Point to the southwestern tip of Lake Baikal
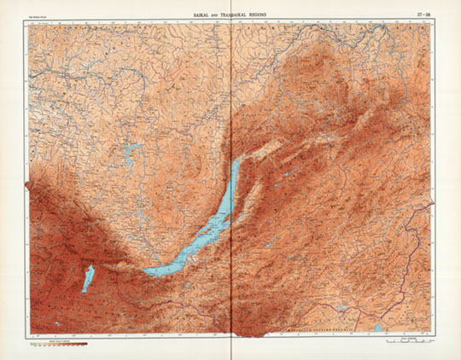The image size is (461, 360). (x=147, y=272)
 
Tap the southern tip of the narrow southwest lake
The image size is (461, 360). (x=85, y=292)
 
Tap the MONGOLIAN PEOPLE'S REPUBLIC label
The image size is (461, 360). (x=318, y=327)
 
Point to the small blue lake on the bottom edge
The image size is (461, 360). (x=377, y=327)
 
